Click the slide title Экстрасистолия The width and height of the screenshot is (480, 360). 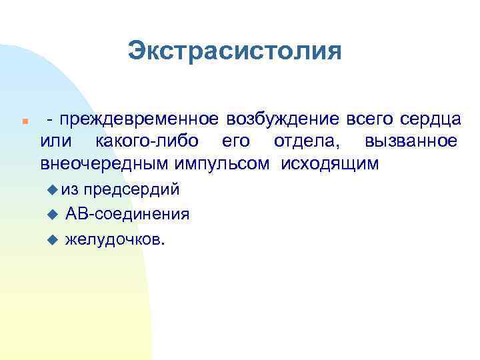tap(235, 51)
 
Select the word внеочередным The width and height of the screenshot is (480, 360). tap(105, 163)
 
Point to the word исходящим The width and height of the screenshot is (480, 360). tap(330, 163)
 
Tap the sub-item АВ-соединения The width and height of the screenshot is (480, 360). tap(127, 214)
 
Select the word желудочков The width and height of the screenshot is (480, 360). tap(113, 239)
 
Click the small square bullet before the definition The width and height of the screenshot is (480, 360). tap(23, 122)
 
